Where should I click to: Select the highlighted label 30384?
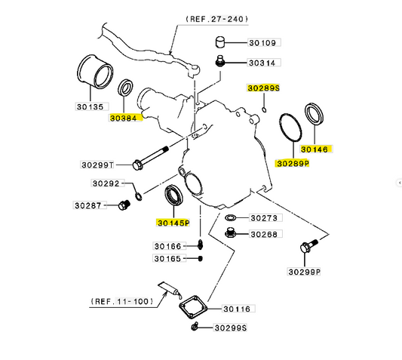click(124, 118)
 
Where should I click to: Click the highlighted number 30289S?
click(264, 88)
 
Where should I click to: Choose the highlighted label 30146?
click(315, 149)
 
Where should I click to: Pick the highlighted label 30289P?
click(293, 163)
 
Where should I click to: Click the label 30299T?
click(98, 165)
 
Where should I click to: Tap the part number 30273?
click(265, 218)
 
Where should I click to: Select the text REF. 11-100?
click(121, 300)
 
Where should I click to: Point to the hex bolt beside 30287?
click(121, 205)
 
